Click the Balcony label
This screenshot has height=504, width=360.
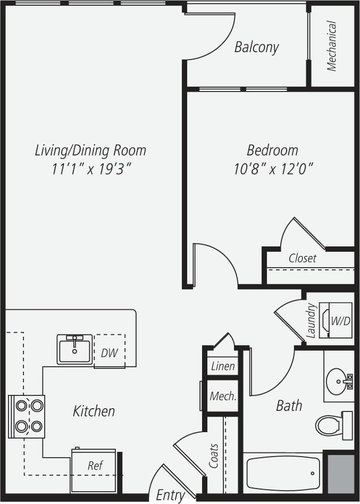[256, 47]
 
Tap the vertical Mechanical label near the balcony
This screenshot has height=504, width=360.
[332, 46]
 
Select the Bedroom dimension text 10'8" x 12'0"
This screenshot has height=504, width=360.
[273, 169]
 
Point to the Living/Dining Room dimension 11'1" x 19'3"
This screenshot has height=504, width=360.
[91, 169]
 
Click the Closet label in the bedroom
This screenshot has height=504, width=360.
[302, 259]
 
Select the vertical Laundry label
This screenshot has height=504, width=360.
[312, 320]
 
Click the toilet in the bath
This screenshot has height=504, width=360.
[332, 425]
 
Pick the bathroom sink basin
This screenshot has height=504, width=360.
[337, 380]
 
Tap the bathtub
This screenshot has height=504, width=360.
[283, 473]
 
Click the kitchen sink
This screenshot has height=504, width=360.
[74, 350]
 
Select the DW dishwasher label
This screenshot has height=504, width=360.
[110, 353]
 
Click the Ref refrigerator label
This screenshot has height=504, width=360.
[95, 466]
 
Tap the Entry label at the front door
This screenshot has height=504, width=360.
[170, 495]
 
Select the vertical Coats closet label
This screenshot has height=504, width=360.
[214, 456]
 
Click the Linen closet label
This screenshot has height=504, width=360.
[223, 366]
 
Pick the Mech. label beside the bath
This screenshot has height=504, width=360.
[223, 396]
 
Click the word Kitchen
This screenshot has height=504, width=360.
[94, 411]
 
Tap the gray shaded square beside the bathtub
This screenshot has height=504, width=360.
[340, 474]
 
